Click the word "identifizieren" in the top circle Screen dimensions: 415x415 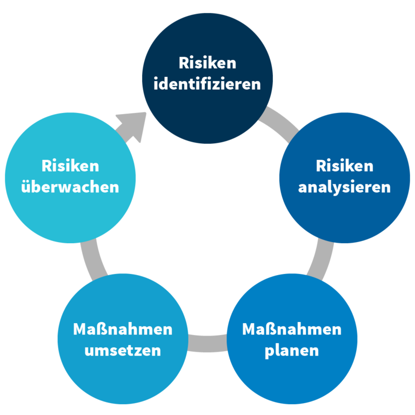coord(207,84)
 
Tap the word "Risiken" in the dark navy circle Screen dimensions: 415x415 coord(207,63)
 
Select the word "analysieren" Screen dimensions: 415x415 coord(344,188)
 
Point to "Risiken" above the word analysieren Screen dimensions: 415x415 coord(345,166)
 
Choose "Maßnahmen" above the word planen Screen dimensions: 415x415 coord(292,329)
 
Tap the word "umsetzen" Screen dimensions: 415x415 coord(123,351)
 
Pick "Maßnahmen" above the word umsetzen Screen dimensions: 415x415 coord(123,329)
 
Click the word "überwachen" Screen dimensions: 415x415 coord(70,186)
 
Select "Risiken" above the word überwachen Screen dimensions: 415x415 coord(70,166)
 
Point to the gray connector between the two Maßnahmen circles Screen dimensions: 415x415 coord(207,343)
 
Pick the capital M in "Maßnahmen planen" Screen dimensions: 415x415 coord(250,329)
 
